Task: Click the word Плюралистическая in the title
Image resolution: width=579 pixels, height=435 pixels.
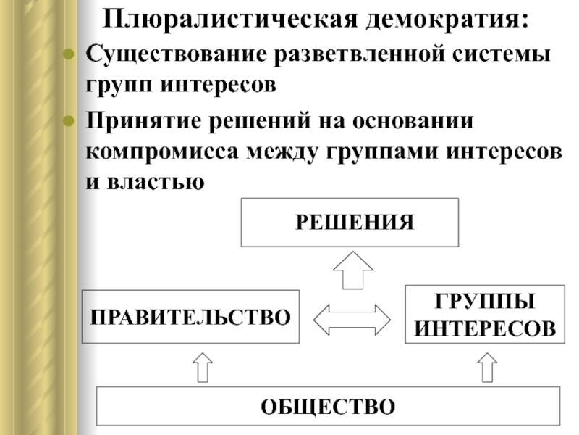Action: coord(230,20)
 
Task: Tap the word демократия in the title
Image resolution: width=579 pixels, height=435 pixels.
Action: coord(447,20)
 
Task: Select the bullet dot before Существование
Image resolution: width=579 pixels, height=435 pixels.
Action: coord(69,54)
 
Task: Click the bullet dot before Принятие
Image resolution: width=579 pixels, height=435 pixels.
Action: coord(69,121)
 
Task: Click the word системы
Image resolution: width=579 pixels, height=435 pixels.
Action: coord(502,54)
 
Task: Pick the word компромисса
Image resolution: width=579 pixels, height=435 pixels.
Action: coord(162,152)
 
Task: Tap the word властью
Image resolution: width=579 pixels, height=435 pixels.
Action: coord(156,182)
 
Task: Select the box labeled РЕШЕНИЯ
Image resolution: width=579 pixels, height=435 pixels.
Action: coord(350,223)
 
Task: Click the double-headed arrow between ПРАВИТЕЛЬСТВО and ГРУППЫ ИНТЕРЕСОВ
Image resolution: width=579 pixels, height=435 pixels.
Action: coord(352,320)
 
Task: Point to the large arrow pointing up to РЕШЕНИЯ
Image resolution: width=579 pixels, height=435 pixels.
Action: coord(353,270)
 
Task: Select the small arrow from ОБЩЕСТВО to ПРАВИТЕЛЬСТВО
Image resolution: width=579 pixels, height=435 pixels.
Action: coord(203,368)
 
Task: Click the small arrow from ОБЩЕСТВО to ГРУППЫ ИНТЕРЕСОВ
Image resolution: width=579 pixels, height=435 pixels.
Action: coord(487,368)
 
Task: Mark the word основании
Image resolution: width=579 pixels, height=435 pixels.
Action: coord(413,121)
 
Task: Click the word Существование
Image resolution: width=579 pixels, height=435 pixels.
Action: coord(176,54)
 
